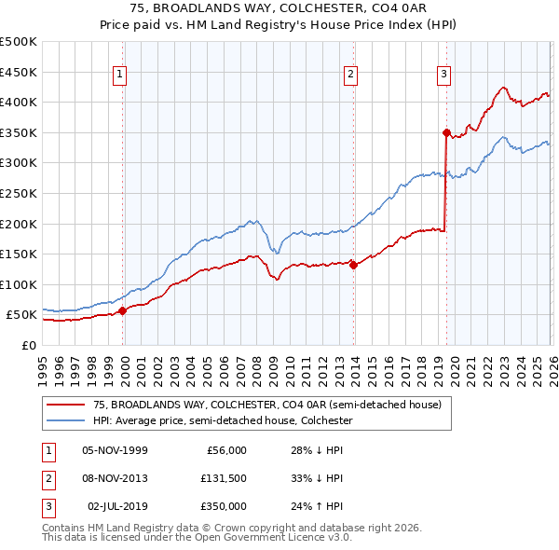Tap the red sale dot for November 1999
[x=122, y=311]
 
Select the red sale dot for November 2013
[x=354, y=265]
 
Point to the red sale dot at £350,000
[x=446, y=132]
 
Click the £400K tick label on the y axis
[x=19, y=103]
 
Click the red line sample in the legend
[x=67, y=405]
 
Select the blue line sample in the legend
[x=67, y=420]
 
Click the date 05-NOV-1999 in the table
[x=115, y=450]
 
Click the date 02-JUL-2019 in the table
[x=116, y=506]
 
